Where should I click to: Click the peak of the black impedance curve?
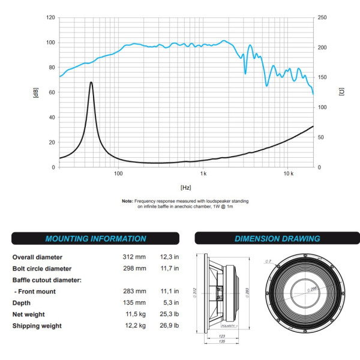pyautogui.click(x=91, y=82)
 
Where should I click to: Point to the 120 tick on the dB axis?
pyautogui.click(x=50, y=17)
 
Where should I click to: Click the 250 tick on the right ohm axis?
pyautogui.click(x=322, y=17)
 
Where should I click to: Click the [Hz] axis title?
pyautogui.click(x=185, y=188)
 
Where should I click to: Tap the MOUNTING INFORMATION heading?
pyautogui.click(x=95, y=238)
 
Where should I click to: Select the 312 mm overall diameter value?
pyautogui.click(x=134, y=257)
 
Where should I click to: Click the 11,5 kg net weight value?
pyautogui.click(x=134, y=314)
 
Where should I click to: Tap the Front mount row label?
pyautogui.click(x=37, y=291)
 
